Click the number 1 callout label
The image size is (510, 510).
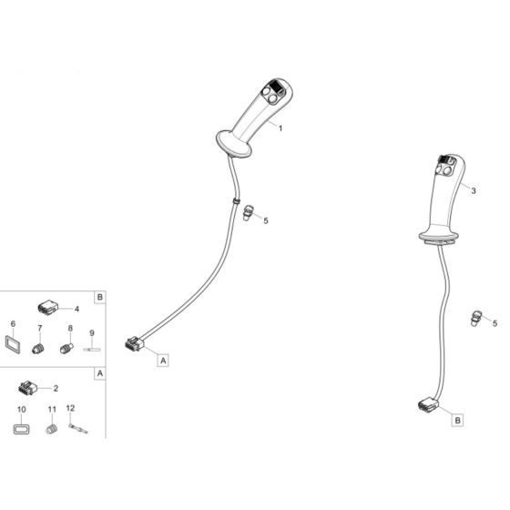pos(280,128)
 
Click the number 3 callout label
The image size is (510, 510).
pos(474,191)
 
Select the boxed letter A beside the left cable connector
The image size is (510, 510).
pos(164,361)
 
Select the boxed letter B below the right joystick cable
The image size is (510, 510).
pos(458,420)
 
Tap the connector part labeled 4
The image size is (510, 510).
pos(47,307)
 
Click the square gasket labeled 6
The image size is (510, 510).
pos(15,345)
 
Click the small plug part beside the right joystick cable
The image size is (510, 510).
pos(474,317)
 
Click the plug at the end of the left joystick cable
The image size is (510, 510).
pos(132,343)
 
